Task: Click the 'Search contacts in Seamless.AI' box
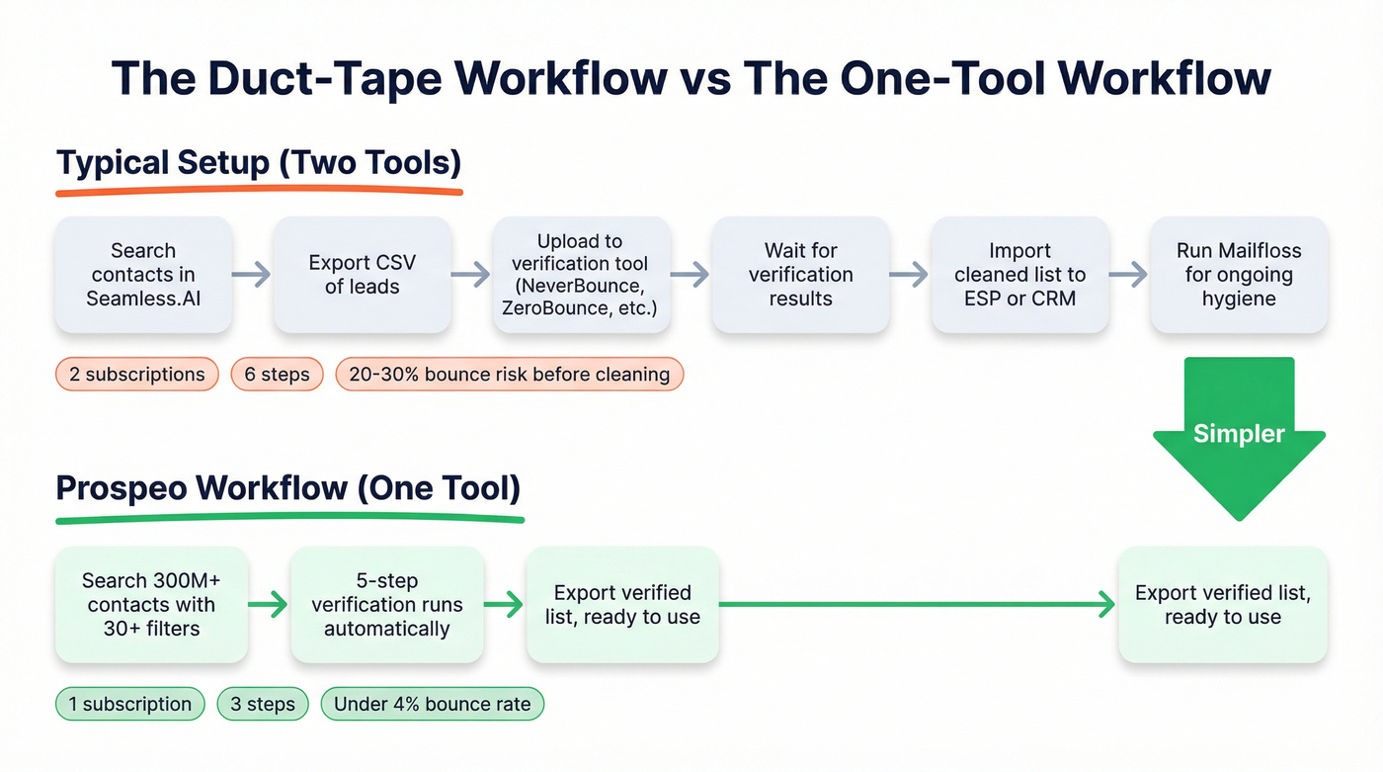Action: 143,275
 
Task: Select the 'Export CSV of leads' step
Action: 362,275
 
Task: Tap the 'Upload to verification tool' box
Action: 581,275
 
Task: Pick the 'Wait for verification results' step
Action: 800,275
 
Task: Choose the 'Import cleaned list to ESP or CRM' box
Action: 1019,275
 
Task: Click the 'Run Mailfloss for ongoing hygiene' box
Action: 1239,275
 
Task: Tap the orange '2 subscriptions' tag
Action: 137,375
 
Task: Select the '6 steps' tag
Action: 277,375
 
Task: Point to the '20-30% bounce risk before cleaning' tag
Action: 509,375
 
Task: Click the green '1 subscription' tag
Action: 129,705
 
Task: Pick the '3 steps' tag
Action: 263,705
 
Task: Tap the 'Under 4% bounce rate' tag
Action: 432,705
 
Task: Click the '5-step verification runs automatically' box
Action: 386,604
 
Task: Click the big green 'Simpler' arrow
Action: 1239,435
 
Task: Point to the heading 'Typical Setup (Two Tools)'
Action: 259,163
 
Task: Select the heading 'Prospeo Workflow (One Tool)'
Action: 288,488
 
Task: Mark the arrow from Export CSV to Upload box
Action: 471,275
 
